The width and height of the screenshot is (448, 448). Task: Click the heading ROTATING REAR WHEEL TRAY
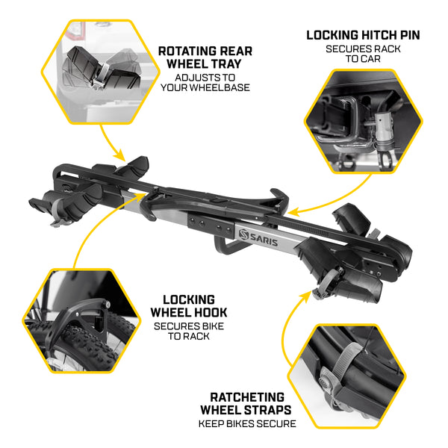coord(205,58)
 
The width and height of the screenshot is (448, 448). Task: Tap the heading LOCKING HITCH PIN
coord(363,35)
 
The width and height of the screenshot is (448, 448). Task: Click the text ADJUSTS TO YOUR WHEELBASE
coord(205,82)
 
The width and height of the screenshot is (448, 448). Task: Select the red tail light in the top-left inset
coord(75,29)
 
